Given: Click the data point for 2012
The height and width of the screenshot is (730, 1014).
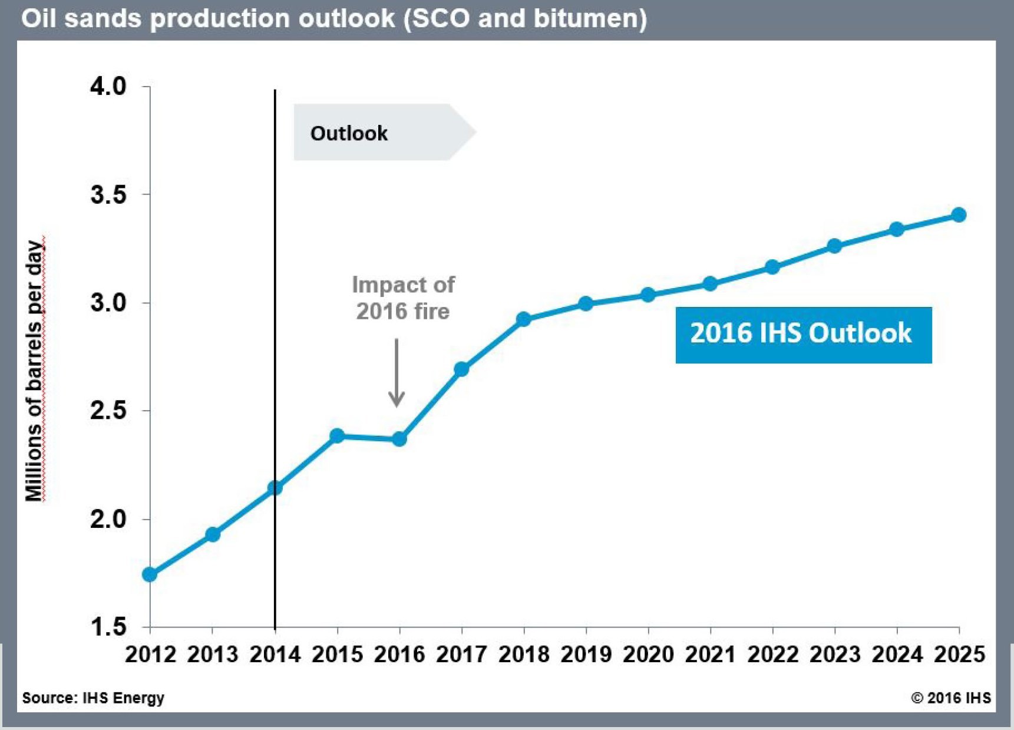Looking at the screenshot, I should tap(150, 574).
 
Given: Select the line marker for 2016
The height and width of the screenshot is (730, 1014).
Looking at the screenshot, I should tap(399, 439).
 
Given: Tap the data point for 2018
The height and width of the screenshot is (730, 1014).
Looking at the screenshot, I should tap(523, 319).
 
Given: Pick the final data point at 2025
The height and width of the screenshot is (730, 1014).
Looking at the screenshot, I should tap(959, 215).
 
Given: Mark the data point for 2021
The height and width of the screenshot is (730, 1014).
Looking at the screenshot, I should tap(710, 284).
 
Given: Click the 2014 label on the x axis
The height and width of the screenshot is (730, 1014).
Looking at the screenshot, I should tap(275, 655).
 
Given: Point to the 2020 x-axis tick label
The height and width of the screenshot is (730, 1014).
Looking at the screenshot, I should tap(648, 655).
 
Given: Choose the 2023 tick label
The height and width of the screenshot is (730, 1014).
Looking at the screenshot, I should tap(835, 655).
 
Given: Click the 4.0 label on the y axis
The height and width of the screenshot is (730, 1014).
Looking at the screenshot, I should tap(108, 87).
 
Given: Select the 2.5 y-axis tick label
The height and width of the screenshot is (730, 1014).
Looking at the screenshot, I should tap(108, 411).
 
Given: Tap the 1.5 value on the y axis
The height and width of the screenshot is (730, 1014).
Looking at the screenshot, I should tap(108, 627).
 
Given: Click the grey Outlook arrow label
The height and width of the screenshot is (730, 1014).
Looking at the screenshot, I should tap(377, 133).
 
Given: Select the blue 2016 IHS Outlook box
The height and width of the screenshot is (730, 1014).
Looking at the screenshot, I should tap(803, 334).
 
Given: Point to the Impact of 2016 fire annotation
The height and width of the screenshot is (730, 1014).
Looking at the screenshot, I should tap(403, 298).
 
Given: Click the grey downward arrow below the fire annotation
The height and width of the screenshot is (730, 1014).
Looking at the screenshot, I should tap(397, 373).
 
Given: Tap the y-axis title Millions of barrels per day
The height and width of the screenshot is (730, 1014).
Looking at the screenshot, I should tap(34, 371).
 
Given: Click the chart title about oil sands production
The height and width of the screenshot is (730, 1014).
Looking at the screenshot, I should tap(333, 19).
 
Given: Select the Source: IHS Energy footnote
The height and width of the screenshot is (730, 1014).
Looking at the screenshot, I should tap(93, 698).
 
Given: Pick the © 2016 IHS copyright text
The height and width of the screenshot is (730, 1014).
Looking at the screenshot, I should tap(950, 698).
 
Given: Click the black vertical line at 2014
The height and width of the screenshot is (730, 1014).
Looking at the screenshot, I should tap(275, 295).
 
